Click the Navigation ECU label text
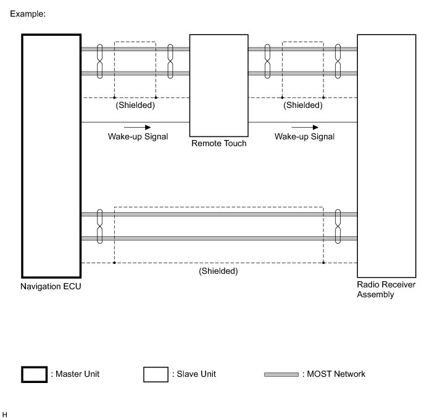[51, 286]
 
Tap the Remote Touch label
[219, 143]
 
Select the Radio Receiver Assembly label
[386, 289]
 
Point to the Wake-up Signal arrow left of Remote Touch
[137, 127]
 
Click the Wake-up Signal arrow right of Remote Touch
[305, 127]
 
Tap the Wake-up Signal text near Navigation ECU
[138, 136]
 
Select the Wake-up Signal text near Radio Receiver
[304, 136]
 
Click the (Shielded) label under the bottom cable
[218, 271]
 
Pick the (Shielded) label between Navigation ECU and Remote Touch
[135, 105]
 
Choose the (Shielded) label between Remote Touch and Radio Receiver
[303, 105]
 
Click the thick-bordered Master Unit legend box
[35, 367]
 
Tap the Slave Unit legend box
[156, 368]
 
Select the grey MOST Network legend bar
[281, 374]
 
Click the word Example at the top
[28, 14]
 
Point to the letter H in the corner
[4, 414]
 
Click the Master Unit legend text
[75, 374]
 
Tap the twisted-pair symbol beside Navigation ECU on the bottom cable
[99, 226]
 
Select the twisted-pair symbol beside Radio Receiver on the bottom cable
[338, 226]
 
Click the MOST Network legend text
[334, 374]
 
